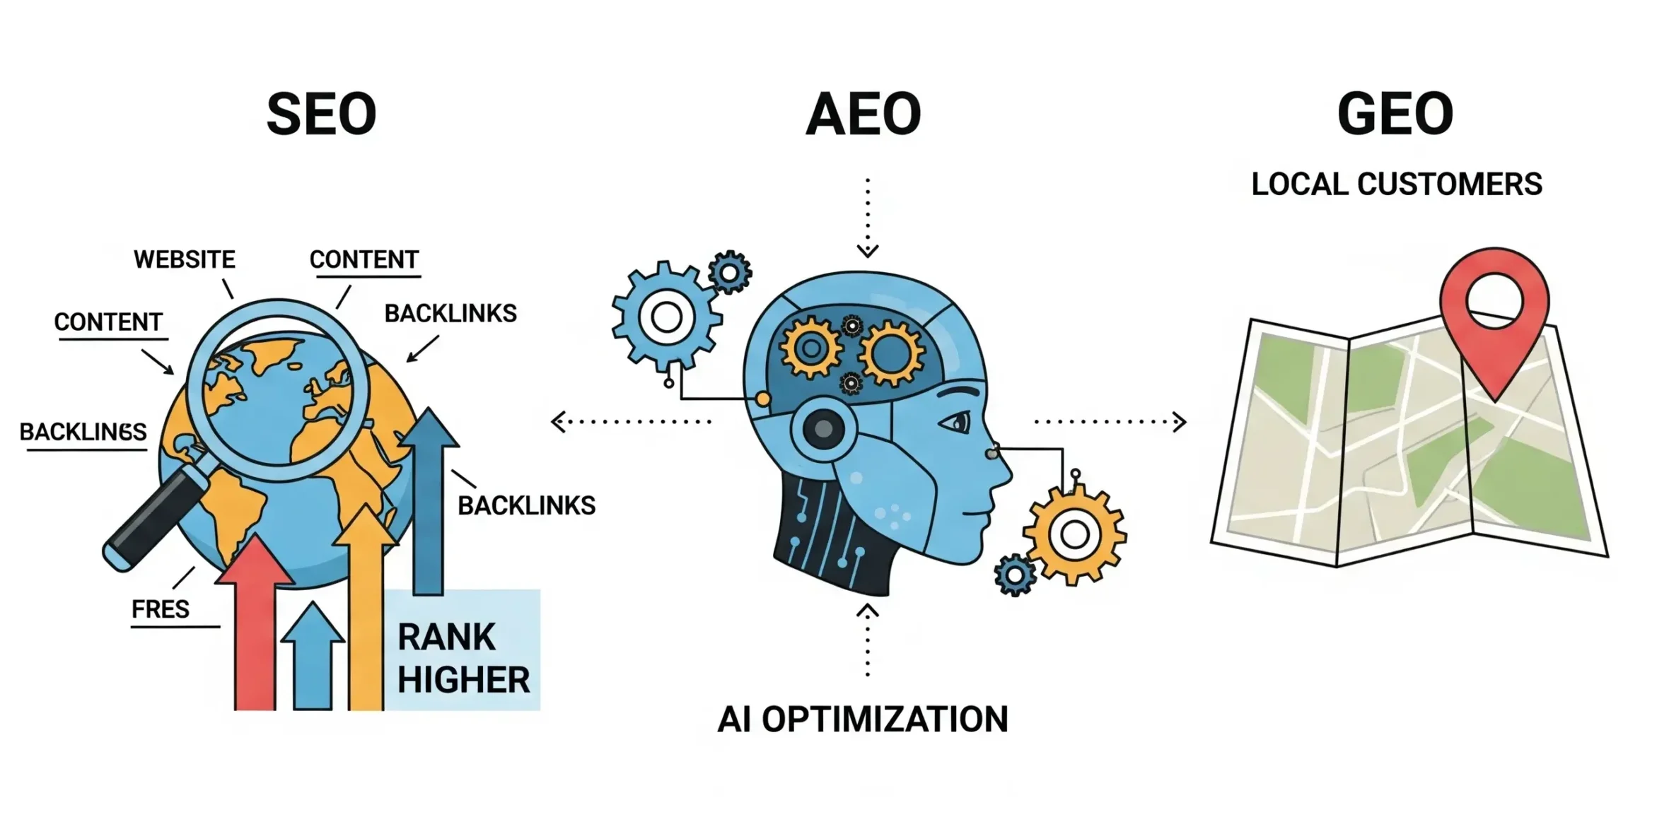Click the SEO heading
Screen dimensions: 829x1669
coord(321,114)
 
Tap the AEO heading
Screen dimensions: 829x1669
coord(863,114)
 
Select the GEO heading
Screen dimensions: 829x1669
coord(1395,114)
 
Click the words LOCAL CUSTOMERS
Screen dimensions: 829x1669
coord(1396,184)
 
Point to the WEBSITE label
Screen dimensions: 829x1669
coord(184,259)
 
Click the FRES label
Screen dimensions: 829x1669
coord(161,609)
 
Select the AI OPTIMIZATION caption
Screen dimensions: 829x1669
coord(863,719)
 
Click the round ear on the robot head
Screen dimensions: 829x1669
coord(823,428)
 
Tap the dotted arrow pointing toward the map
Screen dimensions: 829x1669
coord(1110,422)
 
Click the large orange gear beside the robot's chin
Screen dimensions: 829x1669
coord(1074,534)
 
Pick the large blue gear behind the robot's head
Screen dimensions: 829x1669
coord(666,317)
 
